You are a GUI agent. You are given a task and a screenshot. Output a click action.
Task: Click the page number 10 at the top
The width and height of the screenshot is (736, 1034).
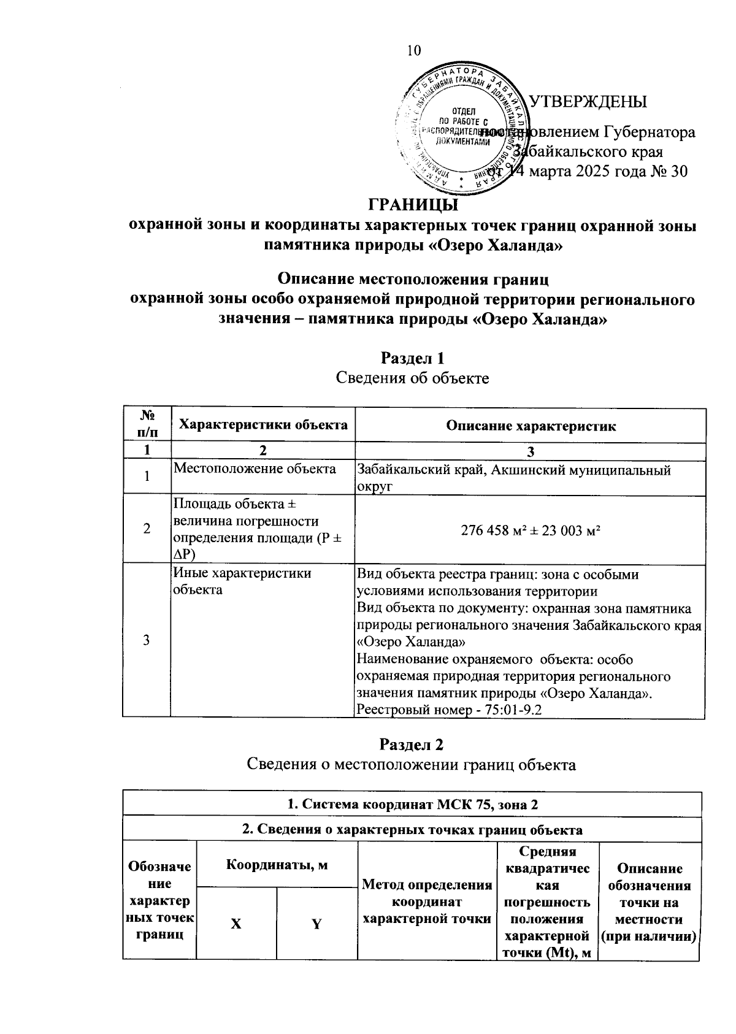click(414, 50)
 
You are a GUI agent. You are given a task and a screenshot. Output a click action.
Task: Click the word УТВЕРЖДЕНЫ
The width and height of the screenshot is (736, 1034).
click(588, 101)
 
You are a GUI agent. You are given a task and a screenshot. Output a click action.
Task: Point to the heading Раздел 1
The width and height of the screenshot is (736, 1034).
click(412, 357)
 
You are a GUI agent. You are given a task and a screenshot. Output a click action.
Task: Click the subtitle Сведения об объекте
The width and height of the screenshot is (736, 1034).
click(412, 378)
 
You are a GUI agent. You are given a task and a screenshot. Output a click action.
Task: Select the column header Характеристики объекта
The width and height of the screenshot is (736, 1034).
click(263, 424)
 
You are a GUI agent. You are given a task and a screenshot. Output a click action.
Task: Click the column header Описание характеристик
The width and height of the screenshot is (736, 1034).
click(531, 426)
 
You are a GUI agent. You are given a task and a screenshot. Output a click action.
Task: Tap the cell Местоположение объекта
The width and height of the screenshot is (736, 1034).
click(255, 469)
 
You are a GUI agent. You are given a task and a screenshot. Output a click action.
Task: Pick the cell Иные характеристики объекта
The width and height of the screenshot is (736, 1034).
click(242, 581)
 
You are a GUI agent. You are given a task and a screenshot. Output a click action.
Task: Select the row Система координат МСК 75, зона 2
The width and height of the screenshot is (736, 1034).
click(412, 804)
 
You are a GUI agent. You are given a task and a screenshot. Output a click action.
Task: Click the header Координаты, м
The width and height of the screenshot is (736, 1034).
click(277, 865)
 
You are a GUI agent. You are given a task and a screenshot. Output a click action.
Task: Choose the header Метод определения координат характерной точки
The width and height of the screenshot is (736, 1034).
click(427, 902)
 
